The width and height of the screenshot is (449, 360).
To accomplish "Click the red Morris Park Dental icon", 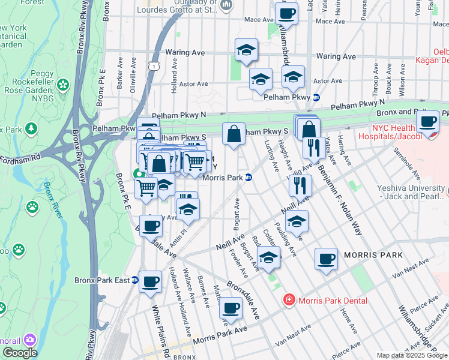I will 289,299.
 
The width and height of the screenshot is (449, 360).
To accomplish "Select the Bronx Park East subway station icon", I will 134,280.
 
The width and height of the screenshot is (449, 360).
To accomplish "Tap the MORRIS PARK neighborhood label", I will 369,255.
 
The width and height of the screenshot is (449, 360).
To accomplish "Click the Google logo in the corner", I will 19,353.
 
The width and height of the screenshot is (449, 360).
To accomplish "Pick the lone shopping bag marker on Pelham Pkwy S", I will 234,134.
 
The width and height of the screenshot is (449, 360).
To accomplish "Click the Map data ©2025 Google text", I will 412,355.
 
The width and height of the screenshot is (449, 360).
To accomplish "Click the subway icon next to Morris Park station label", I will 248,178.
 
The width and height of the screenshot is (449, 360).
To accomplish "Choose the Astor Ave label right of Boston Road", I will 328,80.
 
